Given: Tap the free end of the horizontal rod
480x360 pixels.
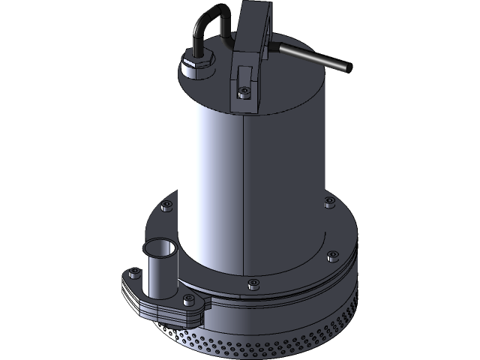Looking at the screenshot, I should pyautogui.click(x=347, y=67).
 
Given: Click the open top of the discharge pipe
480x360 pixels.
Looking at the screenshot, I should pyautogui.click(x=158, y=247).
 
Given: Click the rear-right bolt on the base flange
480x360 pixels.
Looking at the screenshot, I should pyautogui.click(x=328, y=202).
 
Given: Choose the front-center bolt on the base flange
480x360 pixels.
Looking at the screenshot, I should pyautogui.click(x=252, y=283).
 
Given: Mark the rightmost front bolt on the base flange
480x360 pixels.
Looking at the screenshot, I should pyautogui.click(x=330, y=254).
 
